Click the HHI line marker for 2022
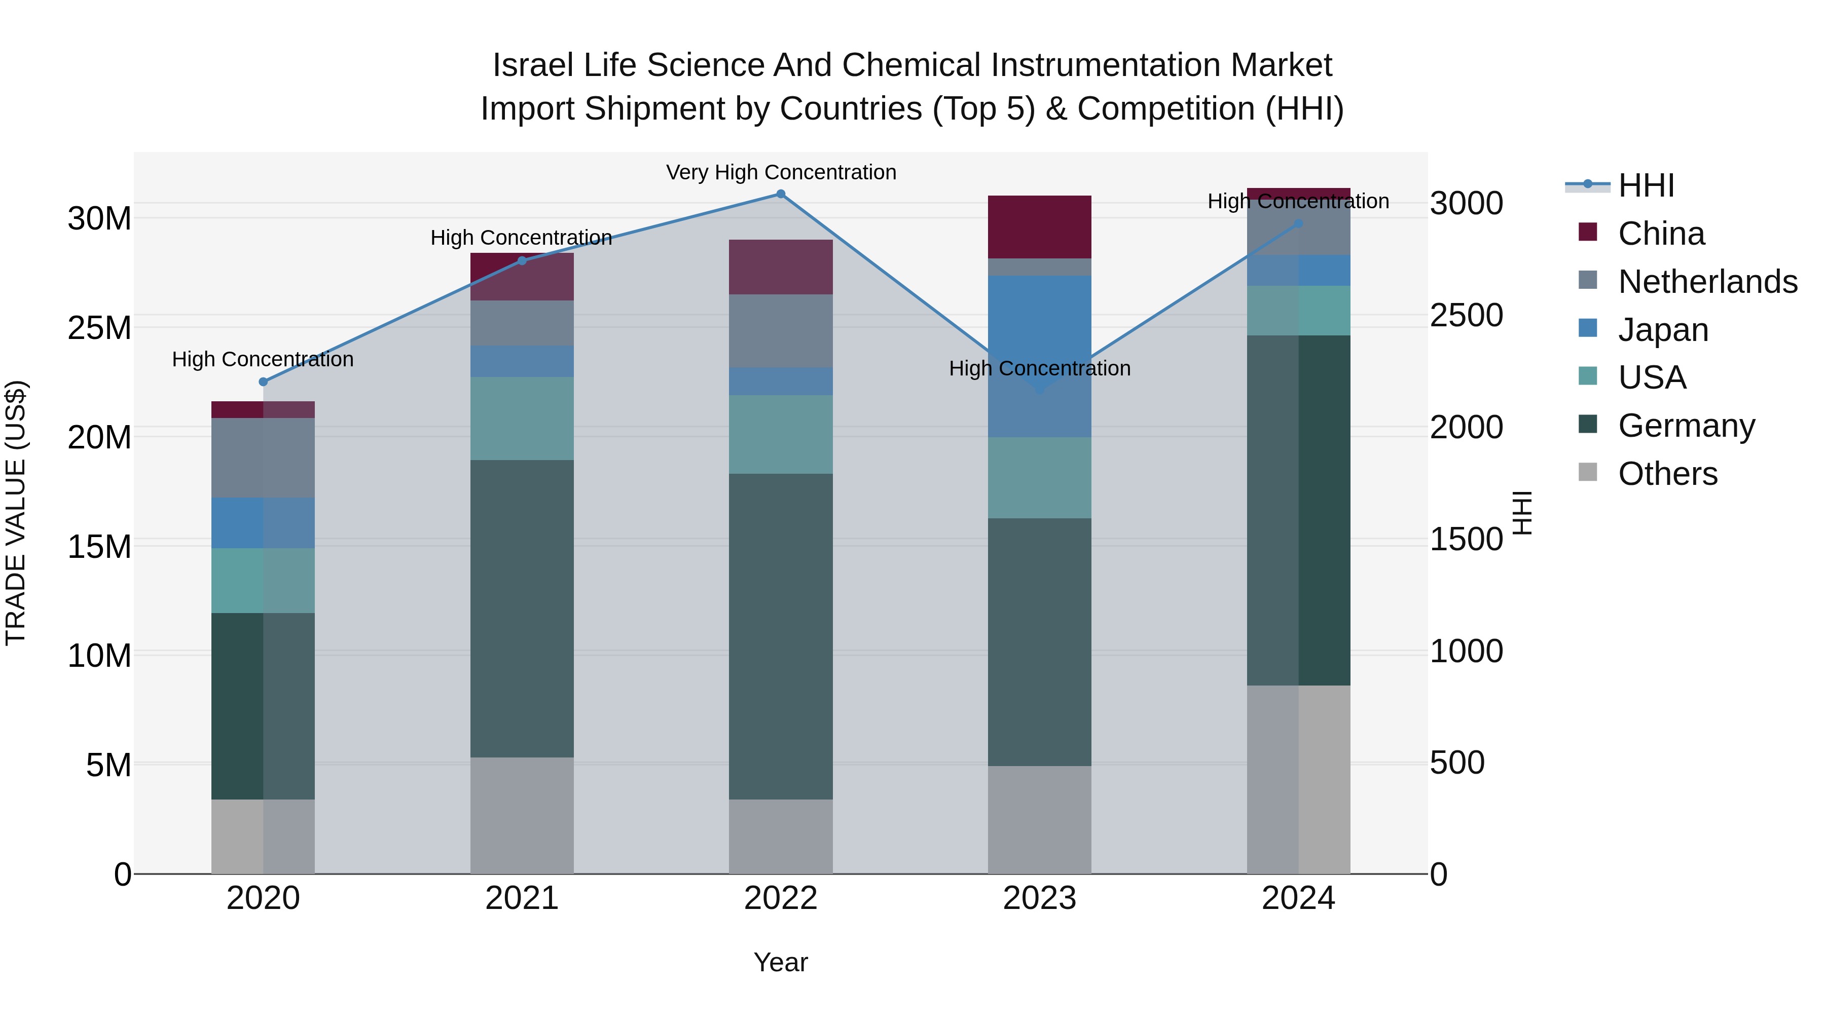[x=781, y=194]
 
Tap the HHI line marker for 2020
[x=264, y=382]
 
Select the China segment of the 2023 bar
[x=1039, y=226]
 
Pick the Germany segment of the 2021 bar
[x=522, y=609]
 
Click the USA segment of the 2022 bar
[x=781, y=434]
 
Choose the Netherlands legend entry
[x=1707, y=282]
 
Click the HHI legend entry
[x=1646, y=185]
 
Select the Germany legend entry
[x=1686, y=426]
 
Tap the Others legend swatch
[x=1588, y=472]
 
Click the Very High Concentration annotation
[x=781, y=172]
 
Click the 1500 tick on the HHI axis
[x=1466, y=540]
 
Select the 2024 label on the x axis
[x=1298, y=898]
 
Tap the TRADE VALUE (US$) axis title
[x=16, y=513]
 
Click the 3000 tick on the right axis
[x=1466, y=203]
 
